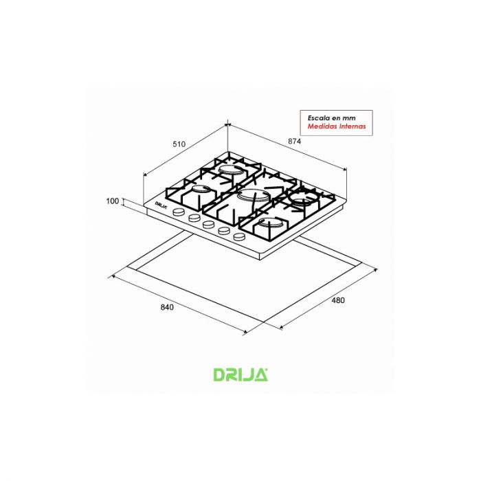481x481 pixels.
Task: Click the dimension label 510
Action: tap(179, 144)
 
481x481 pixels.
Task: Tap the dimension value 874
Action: tap(295, 141)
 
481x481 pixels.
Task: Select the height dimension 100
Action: tap(112, 201)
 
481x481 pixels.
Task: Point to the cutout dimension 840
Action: tap(167, 307)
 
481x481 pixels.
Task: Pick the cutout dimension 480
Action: tap(338, 300)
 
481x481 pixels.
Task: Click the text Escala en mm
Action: tap(332, 118)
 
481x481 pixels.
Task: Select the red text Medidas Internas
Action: tap(337, 126)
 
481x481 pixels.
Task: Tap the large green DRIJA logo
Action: tap(240, 374)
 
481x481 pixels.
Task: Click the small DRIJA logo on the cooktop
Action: tap(161, 205)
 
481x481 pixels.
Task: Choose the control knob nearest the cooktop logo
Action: tap(179, 212)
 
